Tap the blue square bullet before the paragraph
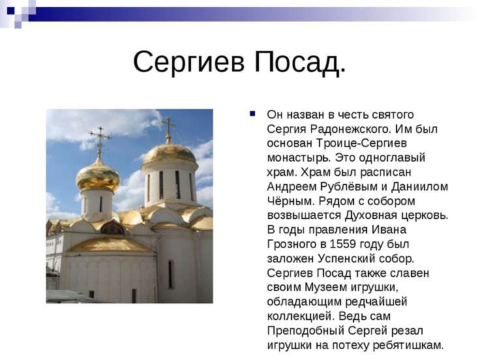[252, 114]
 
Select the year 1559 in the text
[342, 245]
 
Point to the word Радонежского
[350, 129]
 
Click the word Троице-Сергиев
[361, 143]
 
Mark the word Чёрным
[290, 201]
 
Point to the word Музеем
[325, 288]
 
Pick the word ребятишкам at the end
[408, 346]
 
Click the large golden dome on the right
[170, 153]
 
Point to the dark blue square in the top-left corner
[10, 10]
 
